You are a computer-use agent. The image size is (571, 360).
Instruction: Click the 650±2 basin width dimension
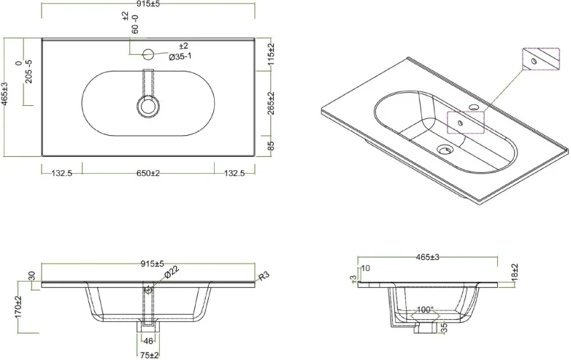point(147,173)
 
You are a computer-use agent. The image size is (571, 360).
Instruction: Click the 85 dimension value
point(271,146)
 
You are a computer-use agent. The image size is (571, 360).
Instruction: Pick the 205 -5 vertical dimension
point(28,72)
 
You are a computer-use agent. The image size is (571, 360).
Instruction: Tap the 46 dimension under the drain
point(148,341)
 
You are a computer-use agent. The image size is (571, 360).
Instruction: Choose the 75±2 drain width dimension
point(148,354)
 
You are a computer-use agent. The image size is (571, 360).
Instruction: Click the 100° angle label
point(425,310)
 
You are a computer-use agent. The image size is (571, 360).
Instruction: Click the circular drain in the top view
point(148,106)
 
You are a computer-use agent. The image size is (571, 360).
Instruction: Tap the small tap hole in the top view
point(148,53)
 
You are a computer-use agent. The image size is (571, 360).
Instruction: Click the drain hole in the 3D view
point(444,150)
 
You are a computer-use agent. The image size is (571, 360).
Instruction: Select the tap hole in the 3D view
point(475,109)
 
